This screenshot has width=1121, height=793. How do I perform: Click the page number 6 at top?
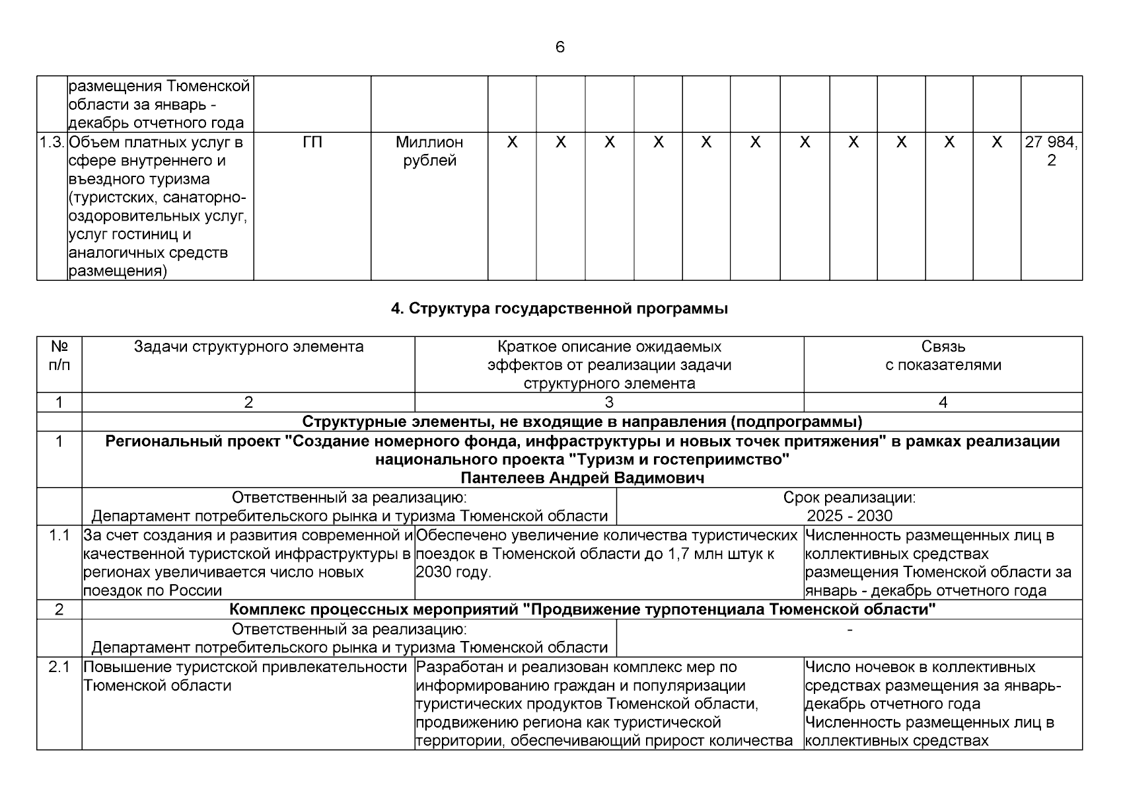pyautogui.click(x=560, y=47)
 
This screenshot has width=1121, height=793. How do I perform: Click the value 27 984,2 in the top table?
pyautogui.click(x=1051, y=151)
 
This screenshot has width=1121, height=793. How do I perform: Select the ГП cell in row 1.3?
pyautogui.click(x=312, y=142)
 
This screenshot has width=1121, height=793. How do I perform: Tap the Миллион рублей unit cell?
pyautogui.click(x=429, y=151)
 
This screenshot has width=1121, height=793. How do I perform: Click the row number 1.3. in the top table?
pyautogui.click(x=52, y=142)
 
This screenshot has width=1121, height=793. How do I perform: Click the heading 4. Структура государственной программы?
pyautogui.click(x=560, y=309)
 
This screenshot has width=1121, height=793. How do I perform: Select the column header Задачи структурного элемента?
pyautogui.click(x=248, y=347)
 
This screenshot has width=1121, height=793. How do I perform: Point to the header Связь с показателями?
pyautogui.click(x=943, y=356)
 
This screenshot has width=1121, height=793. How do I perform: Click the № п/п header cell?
pyautogui.click(x=59, y=356)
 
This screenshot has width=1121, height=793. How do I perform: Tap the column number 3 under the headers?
pyautogui.click(x=609, y=402)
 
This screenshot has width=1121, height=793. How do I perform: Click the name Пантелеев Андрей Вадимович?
pyautogui.click(x=582, y=478)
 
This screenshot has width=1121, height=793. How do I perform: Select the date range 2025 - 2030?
pyautogui.click(x=849, y=515)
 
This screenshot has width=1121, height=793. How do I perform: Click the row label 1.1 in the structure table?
pyautogui.click(x=59, y=535)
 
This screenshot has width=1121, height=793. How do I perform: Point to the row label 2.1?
pyautogui.click(x=59, y=667)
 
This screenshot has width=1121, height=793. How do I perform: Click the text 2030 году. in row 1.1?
pyautogui.click(x=454, y=572)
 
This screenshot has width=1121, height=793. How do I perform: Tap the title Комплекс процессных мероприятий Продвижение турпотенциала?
pyautogui.click(x=582, y=609)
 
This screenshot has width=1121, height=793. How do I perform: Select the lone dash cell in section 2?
pyautogui.click(x=849, y=630)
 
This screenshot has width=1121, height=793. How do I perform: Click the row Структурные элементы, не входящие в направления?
pyautogui.click(x=582, y=421)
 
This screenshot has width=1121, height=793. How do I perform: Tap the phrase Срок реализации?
pyautogui.click(x=849, y=497)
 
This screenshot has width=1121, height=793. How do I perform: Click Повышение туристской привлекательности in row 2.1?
pyautogui.click(x=244, y=667)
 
